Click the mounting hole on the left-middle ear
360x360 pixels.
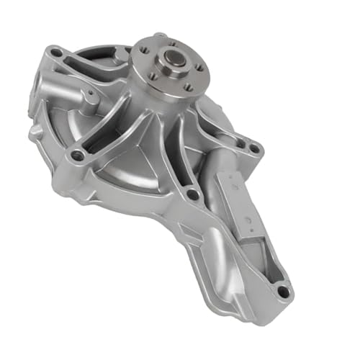[x=76, y=154]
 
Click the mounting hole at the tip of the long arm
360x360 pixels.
[x=282, y=292]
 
